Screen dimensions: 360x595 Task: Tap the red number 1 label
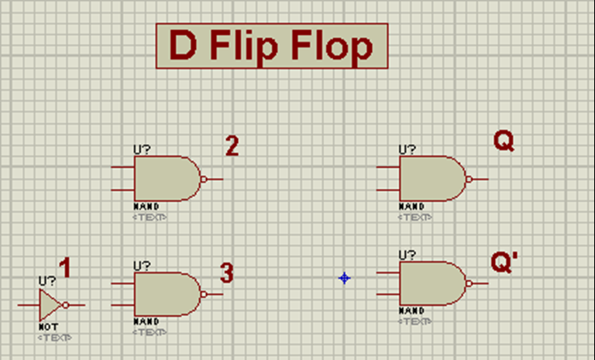point(65,269)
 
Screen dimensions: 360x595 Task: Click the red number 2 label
point(232,146)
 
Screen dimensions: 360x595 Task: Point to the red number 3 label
point(226,273)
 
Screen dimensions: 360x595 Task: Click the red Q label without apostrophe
point(504,141)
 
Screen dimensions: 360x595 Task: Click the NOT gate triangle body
point(50,305)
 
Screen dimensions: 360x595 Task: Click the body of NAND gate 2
point(164,179)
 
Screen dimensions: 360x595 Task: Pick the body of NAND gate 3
point(164,294)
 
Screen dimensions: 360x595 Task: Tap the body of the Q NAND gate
point(429,179)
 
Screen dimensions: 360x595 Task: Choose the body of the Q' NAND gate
point(429,283)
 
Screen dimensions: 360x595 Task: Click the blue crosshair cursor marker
point(344,278)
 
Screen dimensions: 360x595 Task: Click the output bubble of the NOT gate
point(65,305)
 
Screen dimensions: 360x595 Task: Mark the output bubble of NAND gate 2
point(204,179)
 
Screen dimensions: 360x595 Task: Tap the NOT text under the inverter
point(48,327)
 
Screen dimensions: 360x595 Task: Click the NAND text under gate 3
point(146,321)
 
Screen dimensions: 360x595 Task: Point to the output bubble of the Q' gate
point(469,283)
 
